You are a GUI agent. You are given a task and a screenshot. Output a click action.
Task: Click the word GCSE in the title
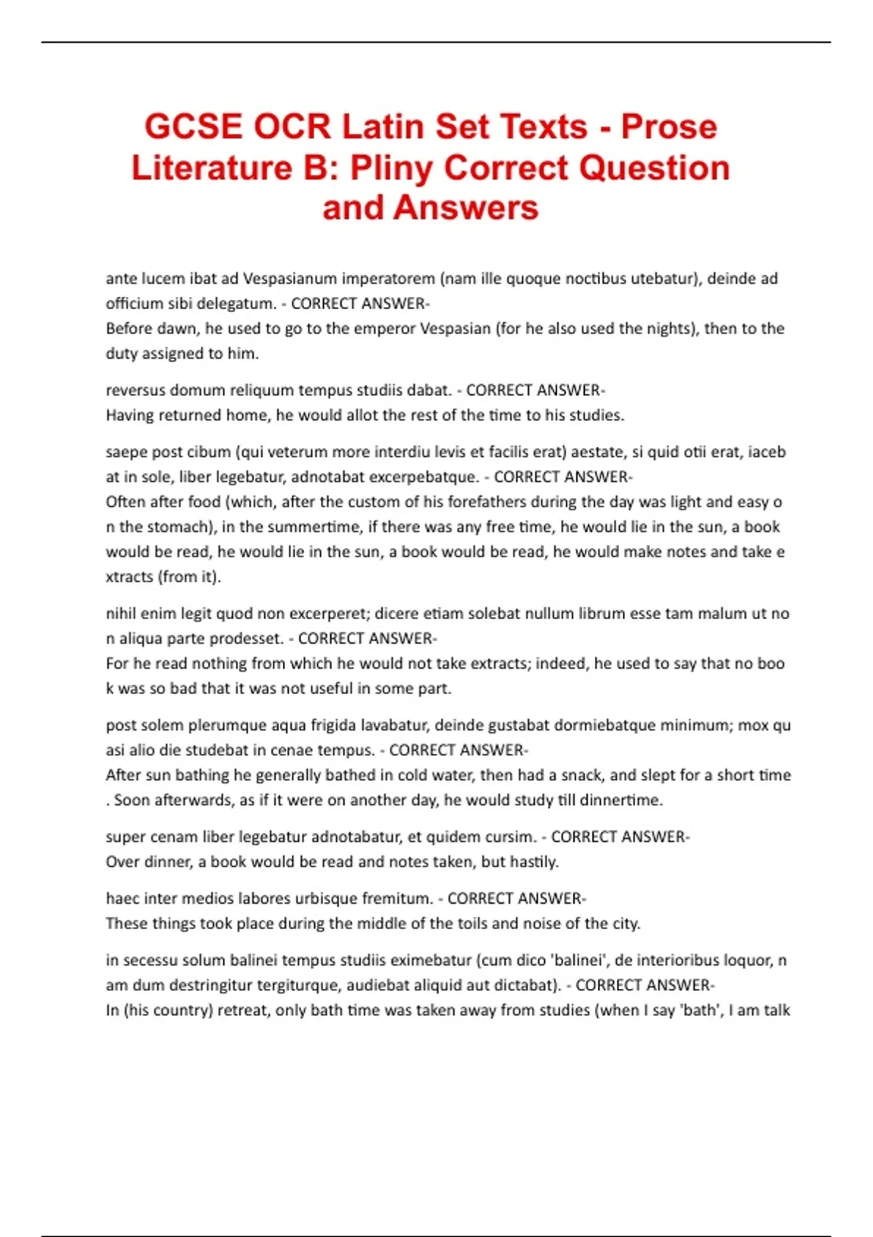pos(193,127)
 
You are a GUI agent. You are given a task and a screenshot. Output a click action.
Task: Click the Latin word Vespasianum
pos(290,279)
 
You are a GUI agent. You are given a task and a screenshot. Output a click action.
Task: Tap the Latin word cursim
pos(511,837)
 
